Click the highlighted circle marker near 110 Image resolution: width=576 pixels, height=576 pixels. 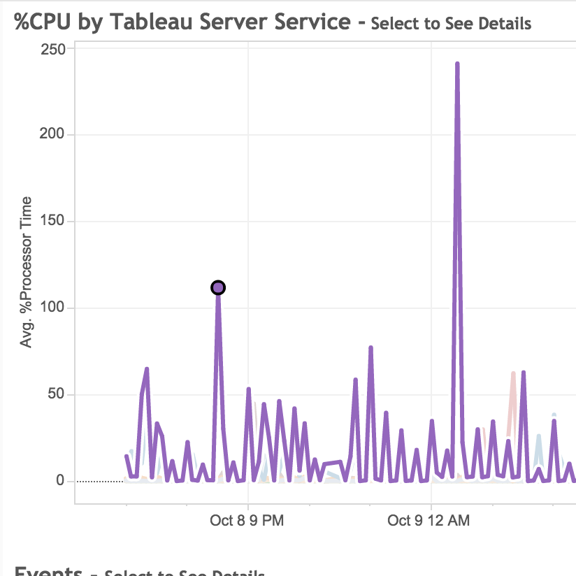218,287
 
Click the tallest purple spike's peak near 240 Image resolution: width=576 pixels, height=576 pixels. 457,64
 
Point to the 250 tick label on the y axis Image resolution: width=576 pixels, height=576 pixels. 53,49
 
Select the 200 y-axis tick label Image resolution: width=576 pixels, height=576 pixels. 53,134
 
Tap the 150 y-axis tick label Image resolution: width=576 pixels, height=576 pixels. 53,221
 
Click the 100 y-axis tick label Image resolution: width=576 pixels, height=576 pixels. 53,308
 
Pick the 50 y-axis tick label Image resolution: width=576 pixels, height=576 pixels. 56,394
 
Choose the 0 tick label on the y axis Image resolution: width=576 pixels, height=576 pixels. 61,481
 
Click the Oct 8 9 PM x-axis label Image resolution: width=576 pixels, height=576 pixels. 247,521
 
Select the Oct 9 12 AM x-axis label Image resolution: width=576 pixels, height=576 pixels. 429,521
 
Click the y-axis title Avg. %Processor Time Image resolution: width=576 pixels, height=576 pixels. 27,273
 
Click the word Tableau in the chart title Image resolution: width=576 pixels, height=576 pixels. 157,22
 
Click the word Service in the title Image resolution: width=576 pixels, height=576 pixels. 318,22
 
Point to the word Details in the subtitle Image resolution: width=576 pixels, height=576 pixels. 506,24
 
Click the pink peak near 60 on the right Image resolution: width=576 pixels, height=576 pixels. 513,374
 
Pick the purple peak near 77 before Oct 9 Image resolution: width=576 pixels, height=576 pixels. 370,348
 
